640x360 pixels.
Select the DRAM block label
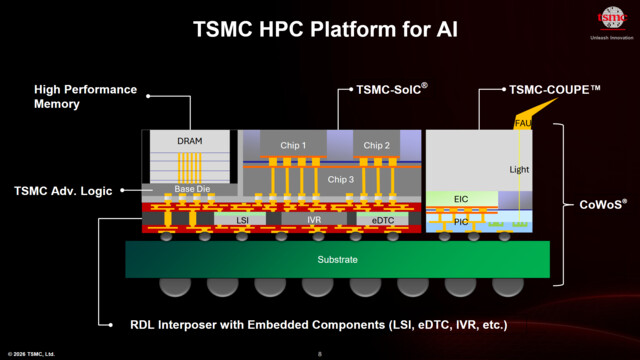coord(189,142)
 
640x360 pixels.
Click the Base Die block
coord(189,189)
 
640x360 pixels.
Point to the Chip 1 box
coord(293,146)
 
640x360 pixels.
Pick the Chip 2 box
coord(377,146)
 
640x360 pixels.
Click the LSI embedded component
coord(242,219)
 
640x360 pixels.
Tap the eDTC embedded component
coord(383,219)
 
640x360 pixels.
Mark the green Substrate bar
coord(337,260)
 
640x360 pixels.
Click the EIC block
coord(461,199)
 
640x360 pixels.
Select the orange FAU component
coord(522,123)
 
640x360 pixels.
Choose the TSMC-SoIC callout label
coord(392,89)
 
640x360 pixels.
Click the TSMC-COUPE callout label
coord(554,89)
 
